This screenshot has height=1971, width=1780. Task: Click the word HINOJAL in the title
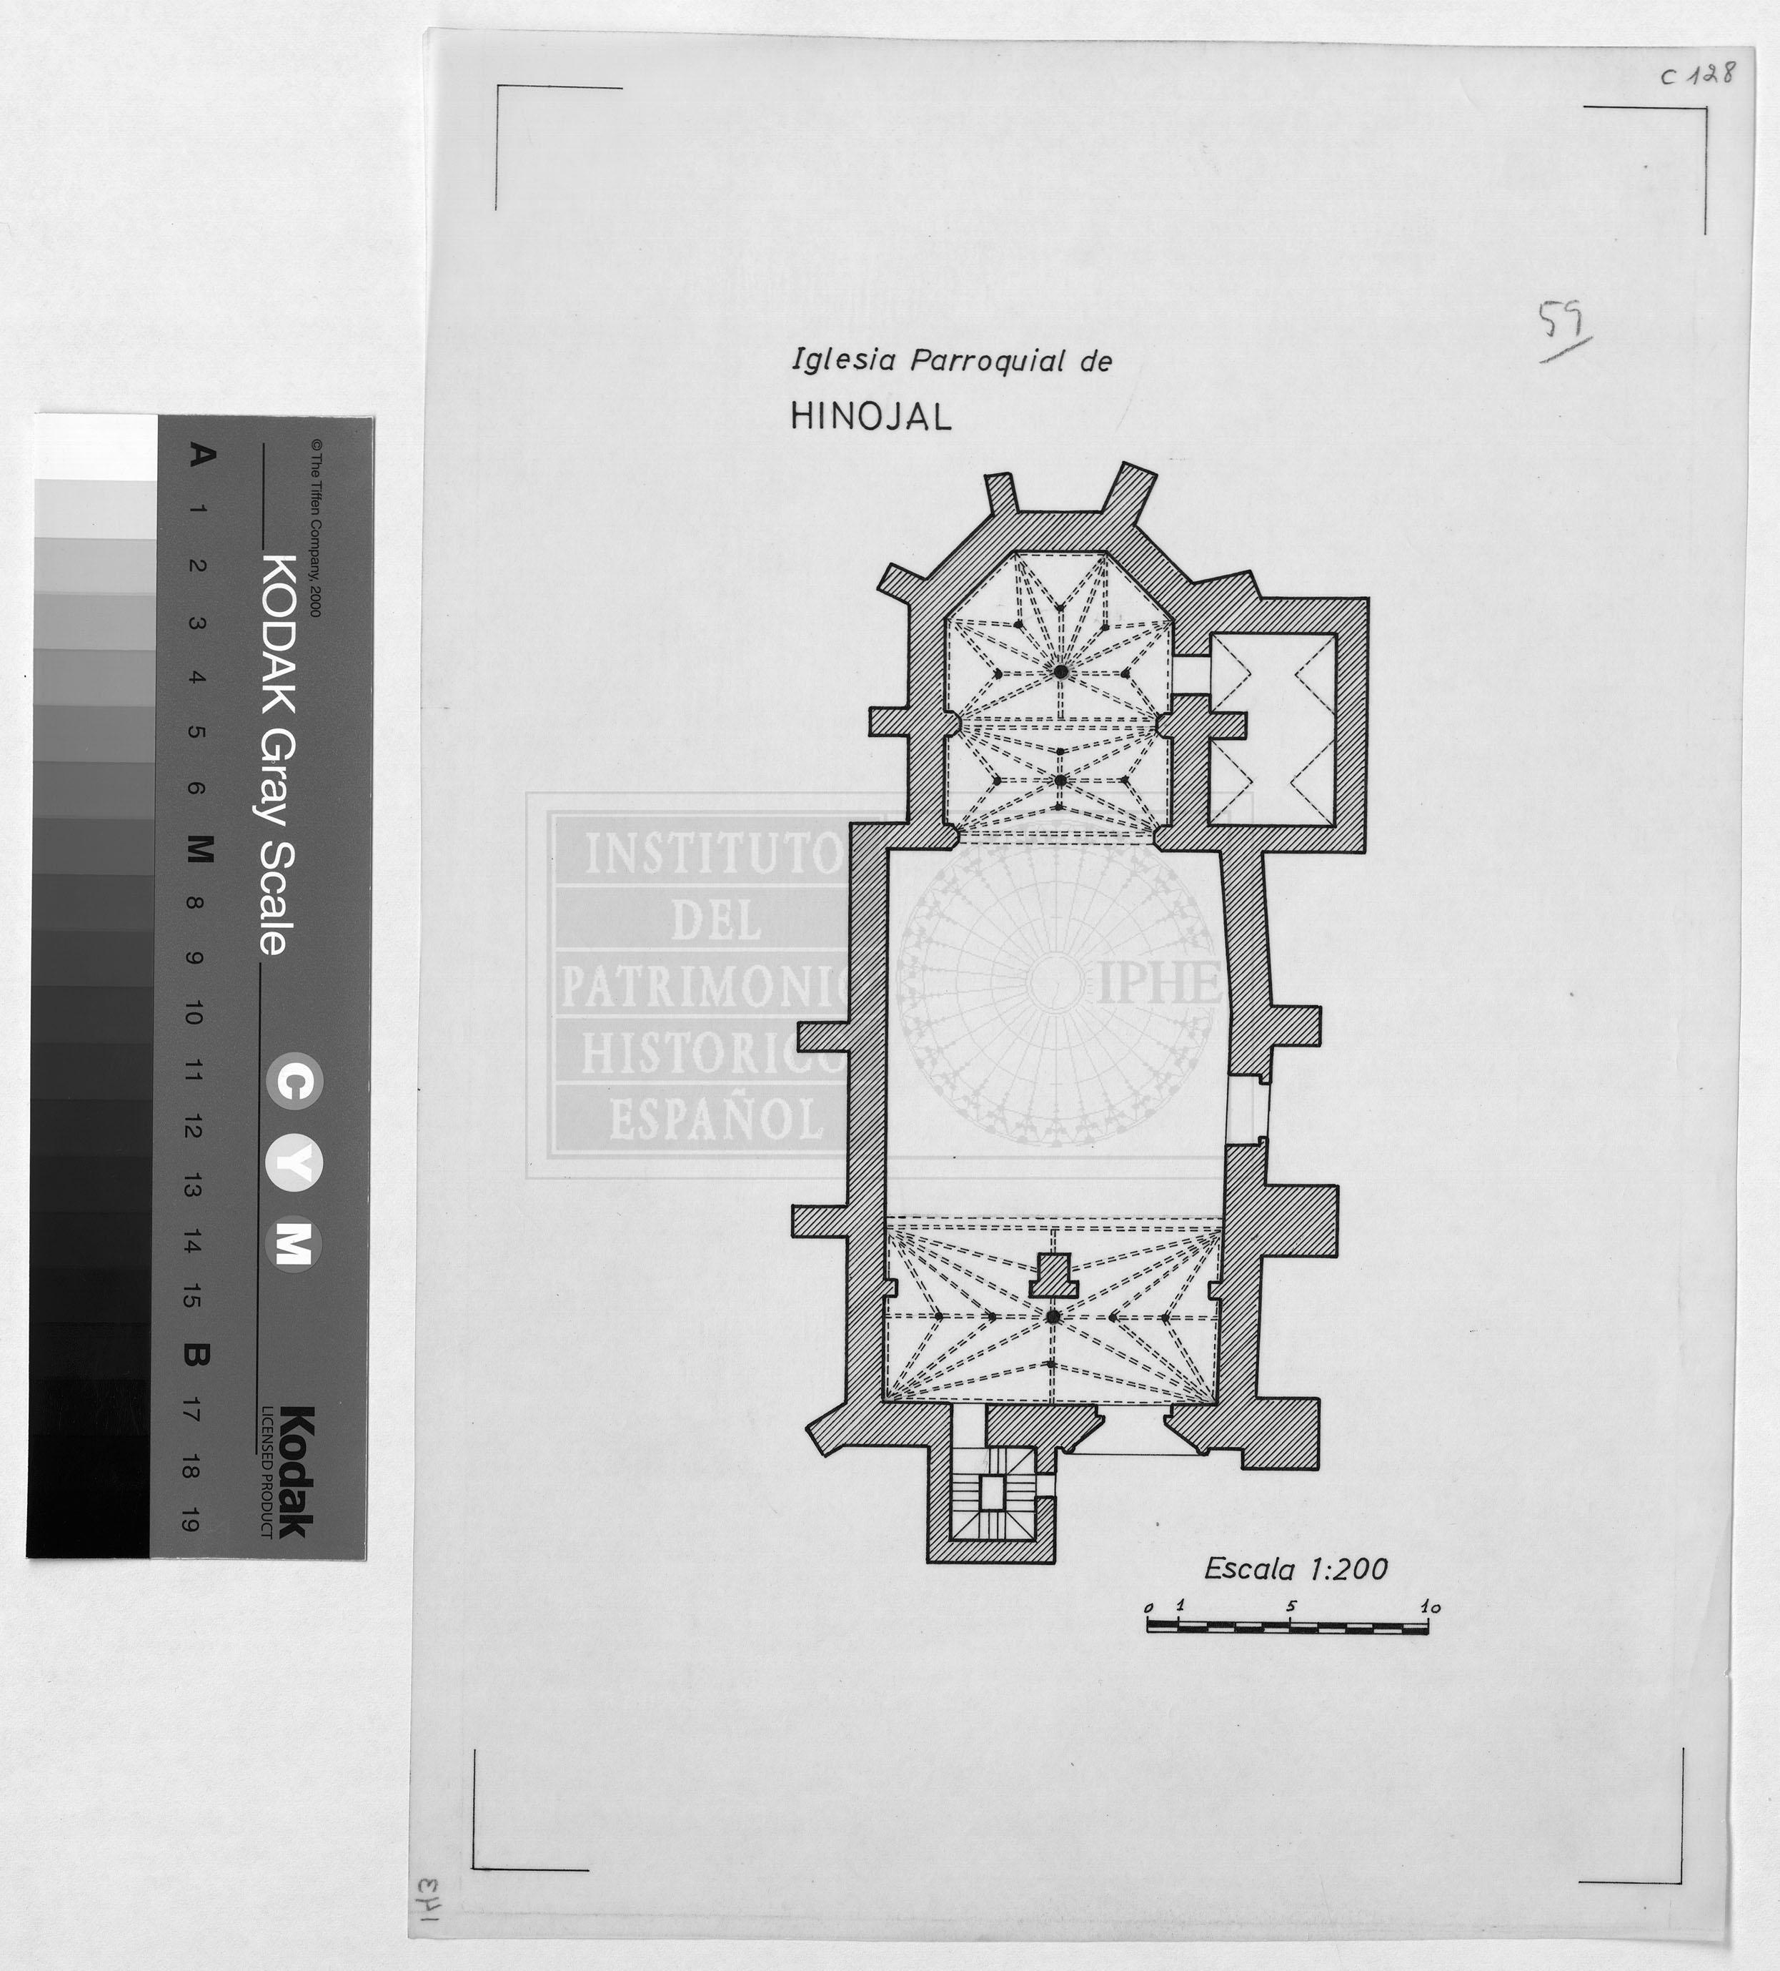tap(870, 418)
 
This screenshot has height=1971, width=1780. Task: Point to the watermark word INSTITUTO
tap(714, 854)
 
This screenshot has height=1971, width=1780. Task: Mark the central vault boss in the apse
tap(1060, 671)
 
